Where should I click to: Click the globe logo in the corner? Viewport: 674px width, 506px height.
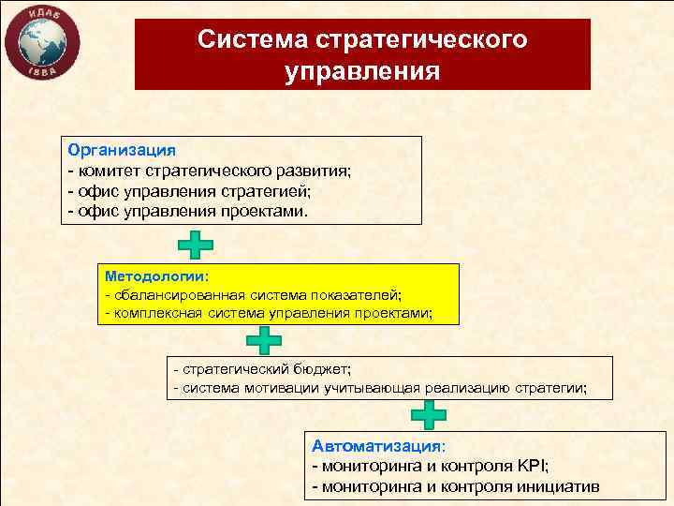(x=42, y=44)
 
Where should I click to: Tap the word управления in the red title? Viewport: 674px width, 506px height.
(x=362, y=71)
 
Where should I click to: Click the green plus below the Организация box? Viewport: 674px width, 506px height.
(x=195, y=245)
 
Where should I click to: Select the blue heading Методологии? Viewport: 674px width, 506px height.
(x=157, y=277)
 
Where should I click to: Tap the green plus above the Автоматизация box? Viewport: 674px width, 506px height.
(x=429, y=413)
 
